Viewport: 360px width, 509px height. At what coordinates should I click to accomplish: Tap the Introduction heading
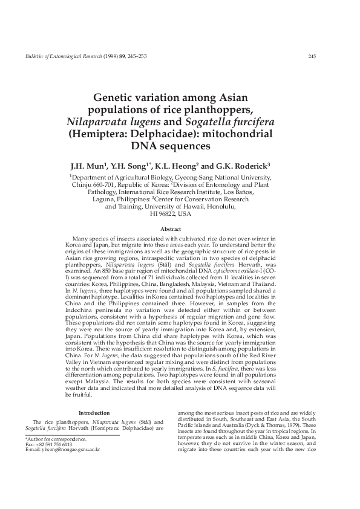102,413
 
